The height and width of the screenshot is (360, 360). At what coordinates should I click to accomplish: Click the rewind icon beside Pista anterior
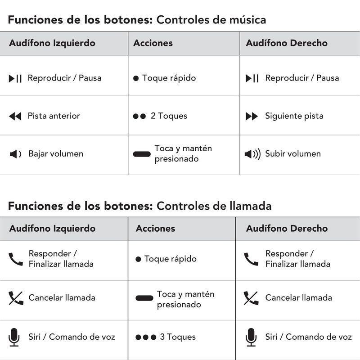pyautogui.click(x=15, y=116)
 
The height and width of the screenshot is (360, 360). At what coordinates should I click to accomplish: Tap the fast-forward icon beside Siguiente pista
pyautogui.click(x=252, y=116)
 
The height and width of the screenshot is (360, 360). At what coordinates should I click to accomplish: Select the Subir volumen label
pyautogui.click(x=293, y=154)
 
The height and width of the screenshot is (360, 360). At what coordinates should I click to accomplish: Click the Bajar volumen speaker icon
pyautogui.click(x=15, y=154)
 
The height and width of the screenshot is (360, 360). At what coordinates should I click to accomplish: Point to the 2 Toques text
pyautogui.click(x=169, y=116)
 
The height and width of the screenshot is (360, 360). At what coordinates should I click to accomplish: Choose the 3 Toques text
pyautogui.click(x=178, y=337)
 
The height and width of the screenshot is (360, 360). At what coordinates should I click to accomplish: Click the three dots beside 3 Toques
pyautogui.click(x=146, y=337)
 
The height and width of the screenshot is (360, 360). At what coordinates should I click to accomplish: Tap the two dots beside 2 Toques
pyautogui.click(x=139, y=116)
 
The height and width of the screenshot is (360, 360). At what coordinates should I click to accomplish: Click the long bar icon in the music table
pyautogui.click(x=142, y=154)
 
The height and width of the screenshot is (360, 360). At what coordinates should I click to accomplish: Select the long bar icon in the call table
pyautogui.click(x=144, y=298)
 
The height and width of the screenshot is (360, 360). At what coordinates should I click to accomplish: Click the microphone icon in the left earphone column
pyautogui.click(x=14, y=337)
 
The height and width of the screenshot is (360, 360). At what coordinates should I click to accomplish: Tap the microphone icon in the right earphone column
pyautogui.click(x=251, y=337)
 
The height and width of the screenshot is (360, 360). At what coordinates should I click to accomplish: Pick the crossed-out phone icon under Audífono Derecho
pyautogui.click(x=251, y=298)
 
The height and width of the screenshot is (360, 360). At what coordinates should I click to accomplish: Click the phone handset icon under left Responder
pyautogui.click(x=16, y=259)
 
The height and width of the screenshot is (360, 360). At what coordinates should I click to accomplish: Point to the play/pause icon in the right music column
pyautogui.click(x=252, y=78)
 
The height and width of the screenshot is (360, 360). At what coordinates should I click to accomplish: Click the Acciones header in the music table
pyautogui.click(x=153, y=44)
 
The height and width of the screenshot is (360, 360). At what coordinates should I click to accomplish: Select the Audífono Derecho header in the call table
pyautogui.click(x=287, y=229)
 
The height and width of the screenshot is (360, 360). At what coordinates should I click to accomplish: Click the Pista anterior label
pyautogui.click(x=54, y=116)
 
